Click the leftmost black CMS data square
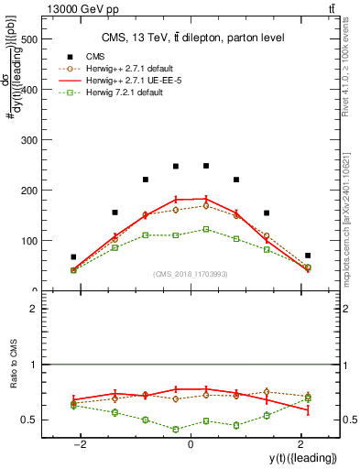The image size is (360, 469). click(x=73, y=257)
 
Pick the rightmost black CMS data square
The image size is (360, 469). click(x=308, y=256)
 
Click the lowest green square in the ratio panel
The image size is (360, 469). click(x=176, y=429)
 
